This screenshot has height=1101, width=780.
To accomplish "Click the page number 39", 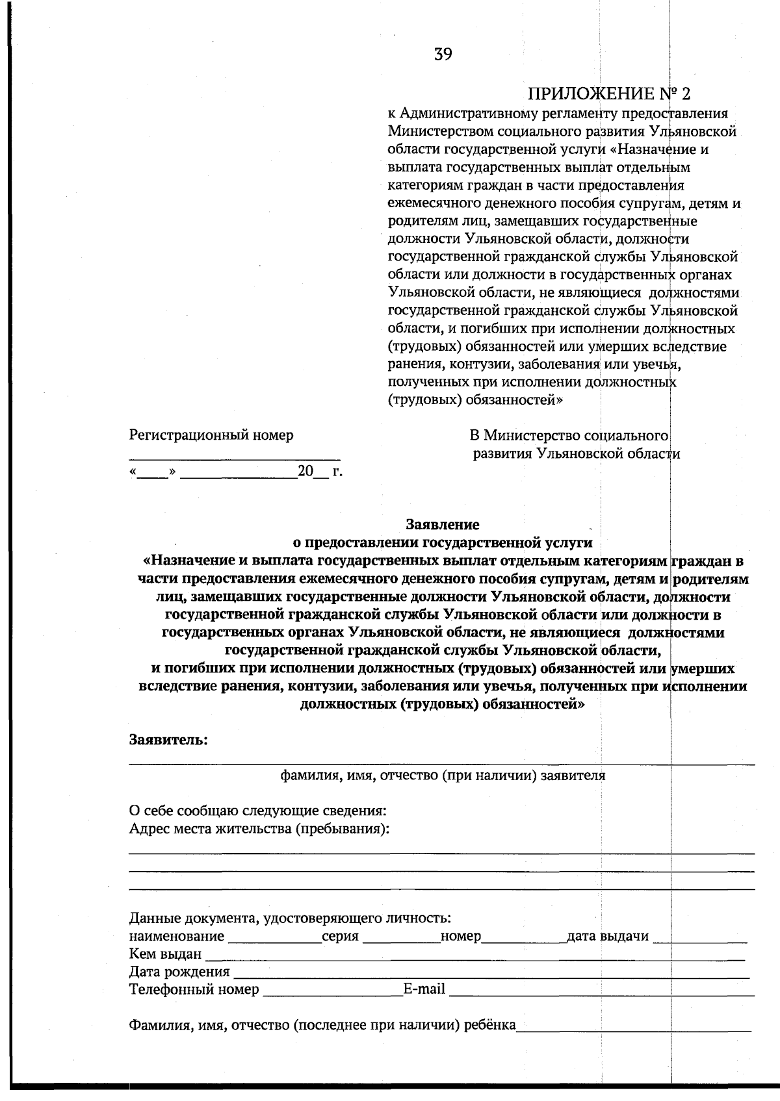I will coord(443,54).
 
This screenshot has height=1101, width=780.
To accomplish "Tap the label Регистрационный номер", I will coord(211,435).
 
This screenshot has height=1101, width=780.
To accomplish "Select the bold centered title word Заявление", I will coord(443,524).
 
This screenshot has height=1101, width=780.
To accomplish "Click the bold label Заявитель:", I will coord(168,740).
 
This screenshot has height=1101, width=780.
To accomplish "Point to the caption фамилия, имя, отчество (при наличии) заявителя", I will coord(443,775).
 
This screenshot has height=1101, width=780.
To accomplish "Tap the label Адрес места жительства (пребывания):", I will coord(259,829).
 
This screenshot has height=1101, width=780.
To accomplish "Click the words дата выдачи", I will coord(608,936).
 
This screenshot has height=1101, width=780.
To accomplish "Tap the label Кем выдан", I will coord(165,954).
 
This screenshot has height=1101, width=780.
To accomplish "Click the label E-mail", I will coord(424,989).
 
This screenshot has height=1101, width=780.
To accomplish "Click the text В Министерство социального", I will coord(569,435).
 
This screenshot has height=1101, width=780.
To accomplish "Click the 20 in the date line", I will coord(305,472).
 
